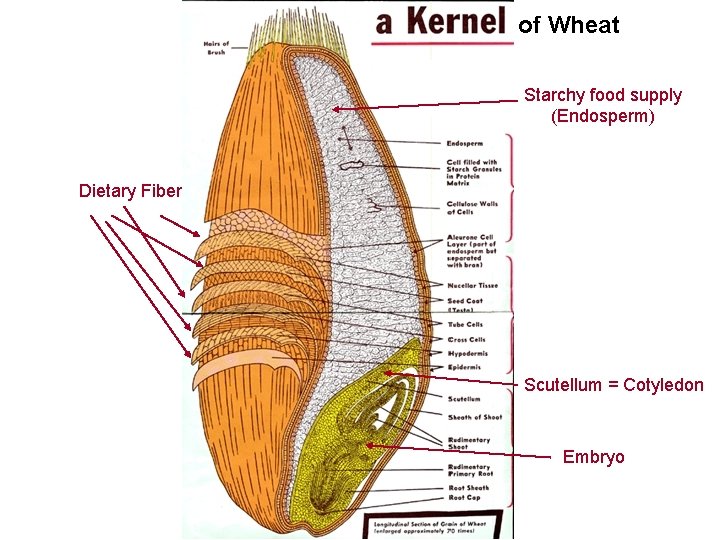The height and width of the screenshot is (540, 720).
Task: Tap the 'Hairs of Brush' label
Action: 217,48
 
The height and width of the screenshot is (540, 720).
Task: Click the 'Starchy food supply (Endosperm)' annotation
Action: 602,106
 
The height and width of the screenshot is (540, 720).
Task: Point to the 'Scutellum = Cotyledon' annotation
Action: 613,385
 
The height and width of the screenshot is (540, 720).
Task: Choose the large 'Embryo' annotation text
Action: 593,457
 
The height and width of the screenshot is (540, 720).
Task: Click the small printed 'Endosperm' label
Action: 467,144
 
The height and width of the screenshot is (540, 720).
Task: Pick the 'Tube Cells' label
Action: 466,325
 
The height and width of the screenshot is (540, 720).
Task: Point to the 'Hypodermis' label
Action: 468,353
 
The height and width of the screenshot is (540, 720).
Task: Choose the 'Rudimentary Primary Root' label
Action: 470,470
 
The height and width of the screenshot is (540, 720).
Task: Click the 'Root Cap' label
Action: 465,497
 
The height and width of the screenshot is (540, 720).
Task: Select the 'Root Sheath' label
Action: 469,487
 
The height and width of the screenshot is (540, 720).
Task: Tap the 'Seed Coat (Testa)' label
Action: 466,304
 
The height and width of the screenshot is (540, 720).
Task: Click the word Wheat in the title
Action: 583,25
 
